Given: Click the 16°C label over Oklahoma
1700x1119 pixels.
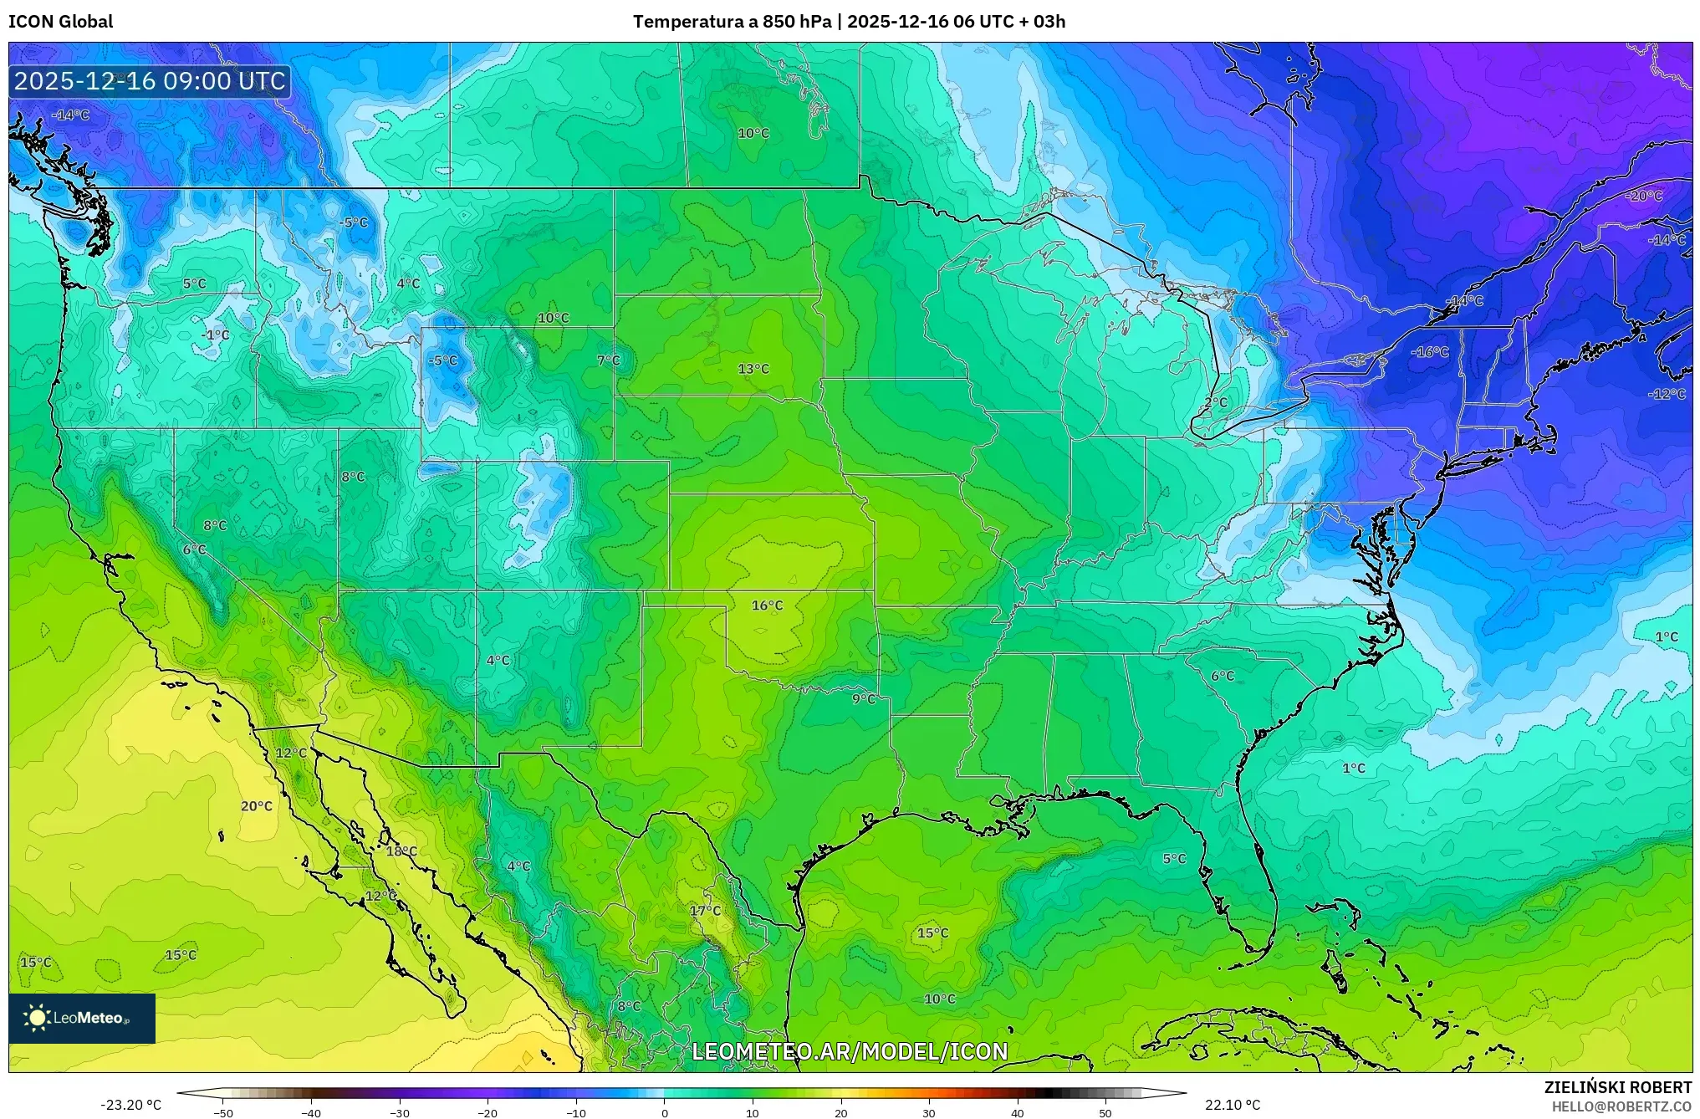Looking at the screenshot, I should click(x=767, y=605).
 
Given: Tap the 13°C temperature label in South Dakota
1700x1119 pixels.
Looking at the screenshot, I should click(x=753, y=369).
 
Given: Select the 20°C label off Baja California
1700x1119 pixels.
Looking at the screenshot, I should click(x=257, y=806).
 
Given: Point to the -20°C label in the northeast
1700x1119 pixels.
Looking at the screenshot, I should click(x=1644, y=196).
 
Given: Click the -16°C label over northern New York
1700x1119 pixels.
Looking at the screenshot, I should click(x=1430, y=352).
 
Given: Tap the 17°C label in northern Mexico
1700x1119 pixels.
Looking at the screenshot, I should click(x=705, y=910).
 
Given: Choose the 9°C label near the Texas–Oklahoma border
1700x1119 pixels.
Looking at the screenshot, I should click(x=864, y=698).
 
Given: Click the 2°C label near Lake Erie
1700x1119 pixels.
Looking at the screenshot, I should click(x=1216, y=402).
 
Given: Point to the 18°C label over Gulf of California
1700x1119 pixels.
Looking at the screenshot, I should click(x=401, y=851).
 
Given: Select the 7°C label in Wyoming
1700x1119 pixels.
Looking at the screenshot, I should click(x=609, y=360).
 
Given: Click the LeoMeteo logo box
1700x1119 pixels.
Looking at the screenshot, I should click(x=82, y=1018).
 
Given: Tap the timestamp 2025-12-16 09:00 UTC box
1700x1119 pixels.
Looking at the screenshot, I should click(x=150, y=81).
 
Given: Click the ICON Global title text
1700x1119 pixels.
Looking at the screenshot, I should click(x=60, y=22).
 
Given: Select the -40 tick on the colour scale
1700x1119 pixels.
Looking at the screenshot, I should click(x=311, y=1112).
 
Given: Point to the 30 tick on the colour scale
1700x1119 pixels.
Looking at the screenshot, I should click(x=928, y=1112).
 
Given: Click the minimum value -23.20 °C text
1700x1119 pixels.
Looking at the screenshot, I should click(x=130, y=1105).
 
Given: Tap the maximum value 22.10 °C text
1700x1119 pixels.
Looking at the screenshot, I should click(x=1232, y=1105).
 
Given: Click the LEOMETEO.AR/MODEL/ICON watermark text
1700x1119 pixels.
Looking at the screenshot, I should click(x=850, y=1051).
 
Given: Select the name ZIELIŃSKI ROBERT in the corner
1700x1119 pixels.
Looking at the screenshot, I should click(x=1617, y=1087).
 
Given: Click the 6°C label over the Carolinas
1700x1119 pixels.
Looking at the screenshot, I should click(x=1223, y=676).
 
